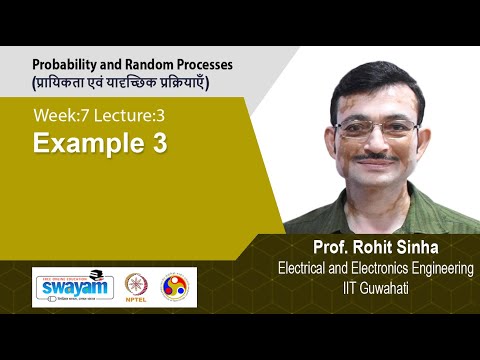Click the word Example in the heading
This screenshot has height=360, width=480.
84,144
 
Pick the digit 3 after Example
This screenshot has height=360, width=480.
159,144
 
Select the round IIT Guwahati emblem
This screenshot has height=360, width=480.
174,287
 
